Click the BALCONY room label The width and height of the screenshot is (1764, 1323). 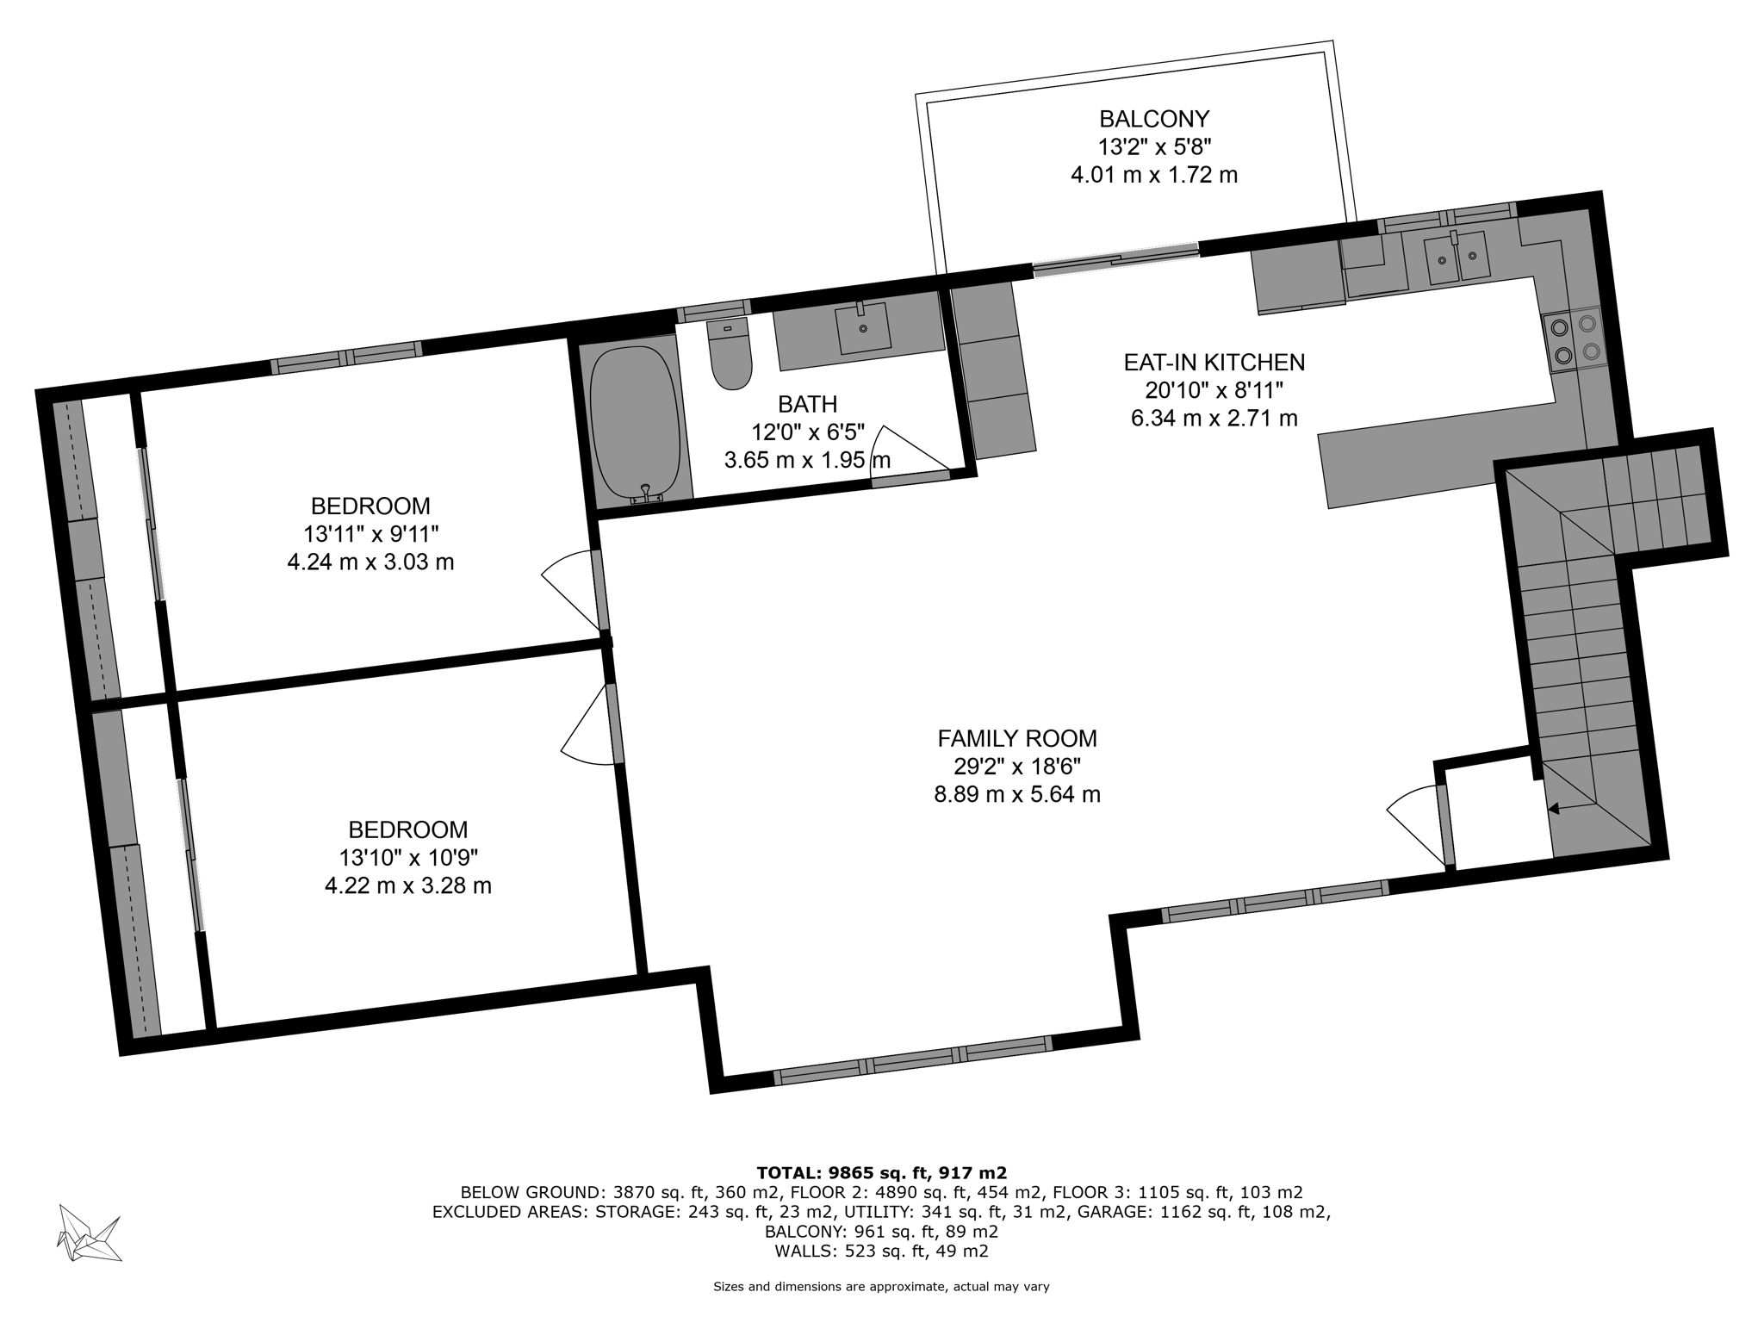(x=1154, y=118)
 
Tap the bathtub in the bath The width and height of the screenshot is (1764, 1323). (x=636, y=425)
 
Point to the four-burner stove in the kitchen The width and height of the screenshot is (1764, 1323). (x=1574, y=339)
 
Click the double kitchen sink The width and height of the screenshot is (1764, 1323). (x=1457, y=257)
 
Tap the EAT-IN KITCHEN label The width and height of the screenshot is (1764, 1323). (x=1214, y=362)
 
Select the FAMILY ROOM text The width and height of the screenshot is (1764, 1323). (x=1017, y=738)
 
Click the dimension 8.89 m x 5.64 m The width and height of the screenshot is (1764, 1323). (x=1017, y=794)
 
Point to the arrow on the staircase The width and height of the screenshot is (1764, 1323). (x=1556, y=808)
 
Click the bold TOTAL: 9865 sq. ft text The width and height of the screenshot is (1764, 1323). (x=881, y=1172)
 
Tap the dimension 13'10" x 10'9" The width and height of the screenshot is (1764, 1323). (x=407, y=857)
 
